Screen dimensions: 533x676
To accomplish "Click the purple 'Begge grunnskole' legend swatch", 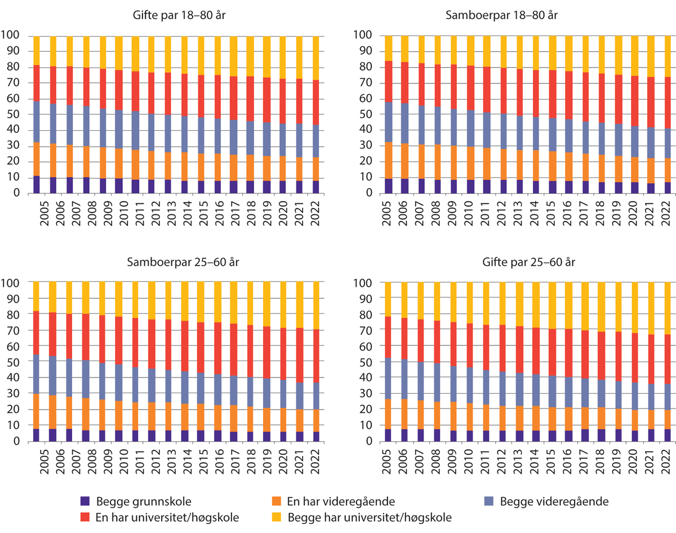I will (x=85, y=500).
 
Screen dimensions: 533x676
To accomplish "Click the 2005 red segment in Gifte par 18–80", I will (x=37, y=83).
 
